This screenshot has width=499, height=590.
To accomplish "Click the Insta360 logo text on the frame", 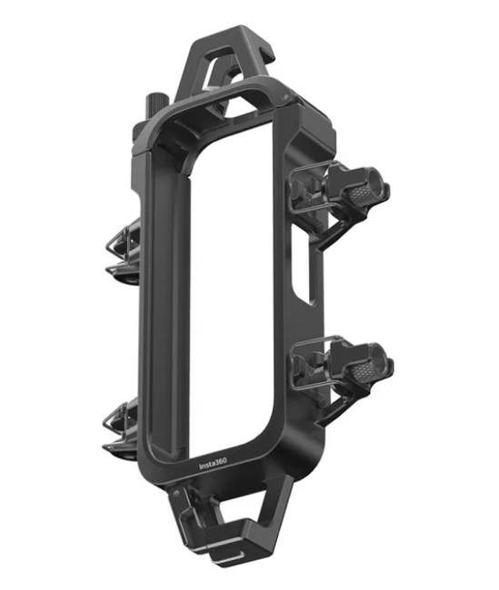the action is (213, 464).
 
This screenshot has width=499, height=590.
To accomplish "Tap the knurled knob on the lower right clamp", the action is (364, 371).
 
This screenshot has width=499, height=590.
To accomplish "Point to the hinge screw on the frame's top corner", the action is (284, 97).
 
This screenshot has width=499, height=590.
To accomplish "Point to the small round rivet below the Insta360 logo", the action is (176, 492).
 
